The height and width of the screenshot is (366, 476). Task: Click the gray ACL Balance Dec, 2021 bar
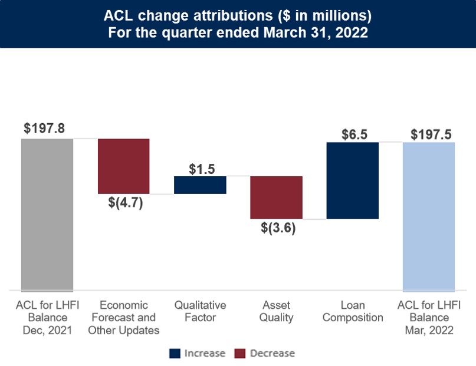click(x=47, y=215)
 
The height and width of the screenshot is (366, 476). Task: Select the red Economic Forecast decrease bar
click(x=123, y=166)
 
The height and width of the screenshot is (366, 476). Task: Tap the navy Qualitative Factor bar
click(x=200, y=184)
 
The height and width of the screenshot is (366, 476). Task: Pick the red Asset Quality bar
click(x=276, y=197)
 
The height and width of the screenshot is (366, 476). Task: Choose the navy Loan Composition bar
click(x=352, y=180)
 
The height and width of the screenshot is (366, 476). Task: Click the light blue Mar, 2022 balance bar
click(x=428, y=216)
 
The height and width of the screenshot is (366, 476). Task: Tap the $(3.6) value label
click(x=278, y=228)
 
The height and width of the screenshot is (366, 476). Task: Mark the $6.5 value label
click(x=354, y=134)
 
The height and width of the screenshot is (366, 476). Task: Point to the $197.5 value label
click(x=431, y=134)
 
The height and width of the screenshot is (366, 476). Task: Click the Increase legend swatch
click(x=175, y=354)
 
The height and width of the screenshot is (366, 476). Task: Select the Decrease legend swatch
click(x=240, y=354)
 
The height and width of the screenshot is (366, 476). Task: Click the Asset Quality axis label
click(x=277, y=311)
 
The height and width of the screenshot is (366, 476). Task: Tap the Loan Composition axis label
click(x=353, y=311)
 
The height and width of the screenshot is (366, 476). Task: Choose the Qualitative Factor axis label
click(x=200, y=311)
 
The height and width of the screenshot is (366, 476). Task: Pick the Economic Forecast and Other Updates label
click(x=123, y=318)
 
